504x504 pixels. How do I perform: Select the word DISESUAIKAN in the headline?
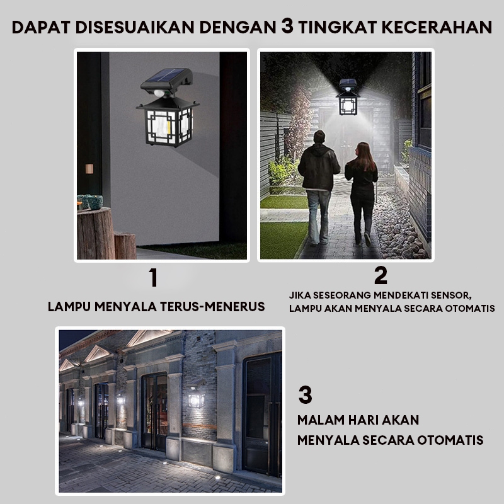point(135,27)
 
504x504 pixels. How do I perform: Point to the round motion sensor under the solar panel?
point(159,93)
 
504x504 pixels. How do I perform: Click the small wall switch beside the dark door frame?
point(89,169)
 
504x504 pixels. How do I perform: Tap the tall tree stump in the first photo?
point(96,232)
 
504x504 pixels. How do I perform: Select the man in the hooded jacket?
point(318,187)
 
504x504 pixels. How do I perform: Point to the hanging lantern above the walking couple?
point(348,97)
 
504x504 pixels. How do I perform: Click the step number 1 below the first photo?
point(154,277)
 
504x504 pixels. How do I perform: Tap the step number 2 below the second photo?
point(381,275)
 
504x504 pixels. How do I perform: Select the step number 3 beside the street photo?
point(305,395)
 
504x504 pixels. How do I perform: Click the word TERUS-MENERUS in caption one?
point(212,307)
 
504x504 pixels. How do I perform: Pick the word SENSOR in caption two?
point(451,295)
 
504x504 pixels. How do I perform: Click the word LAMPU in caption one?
point(69,307)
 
